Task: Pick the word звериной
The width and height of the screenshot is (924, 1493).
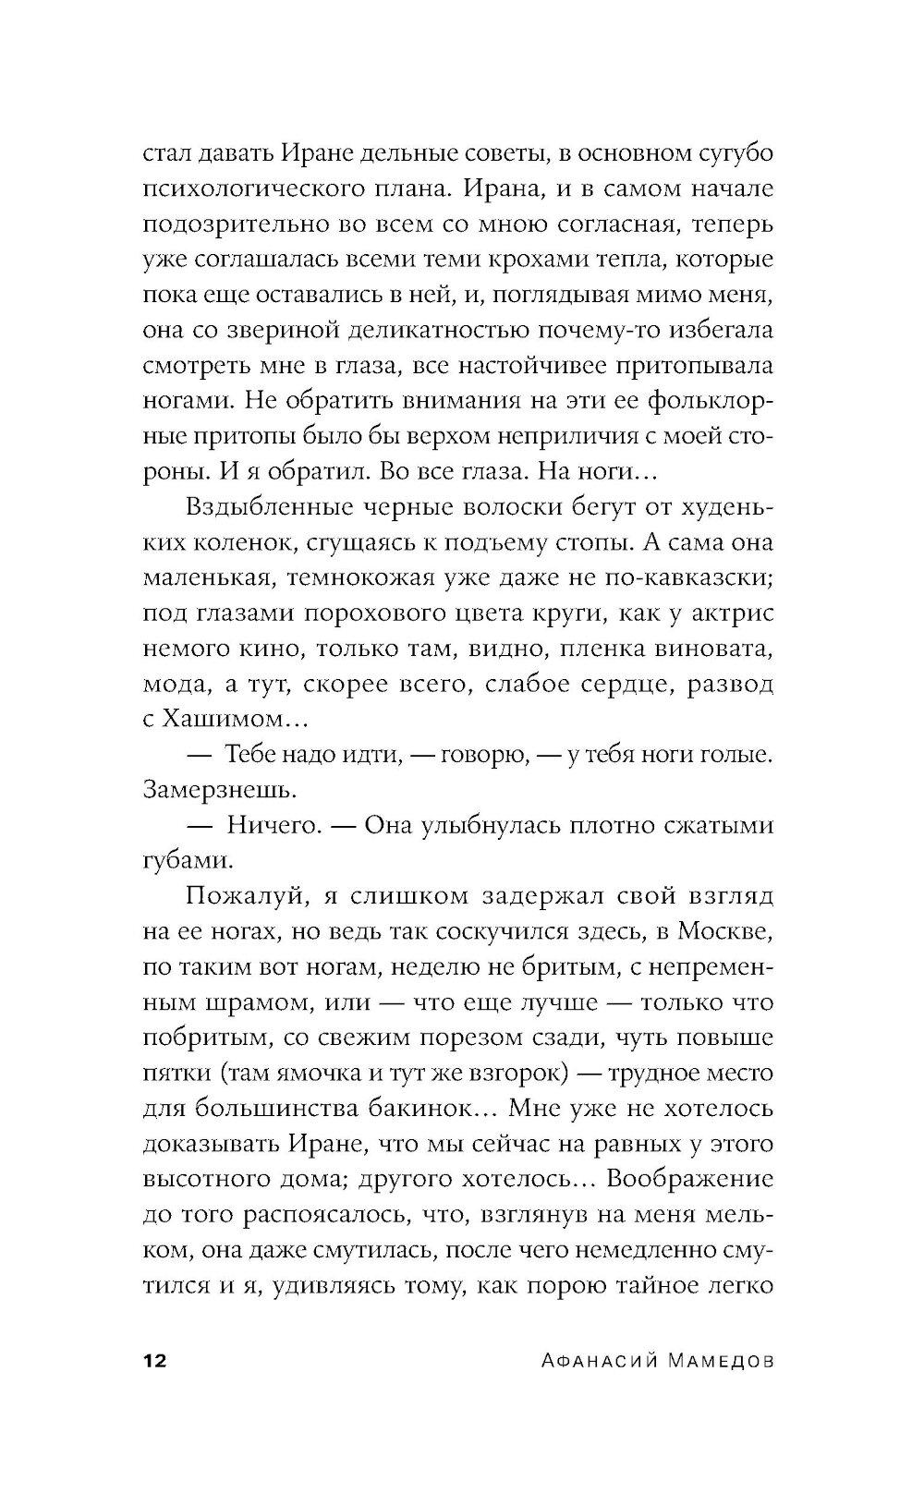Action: pos(278,329)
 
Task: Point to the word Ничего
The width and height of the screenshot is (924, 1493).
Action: pos(273,825)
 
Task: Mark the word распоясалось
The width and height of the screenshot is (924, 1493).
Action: pos(314,1214)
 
